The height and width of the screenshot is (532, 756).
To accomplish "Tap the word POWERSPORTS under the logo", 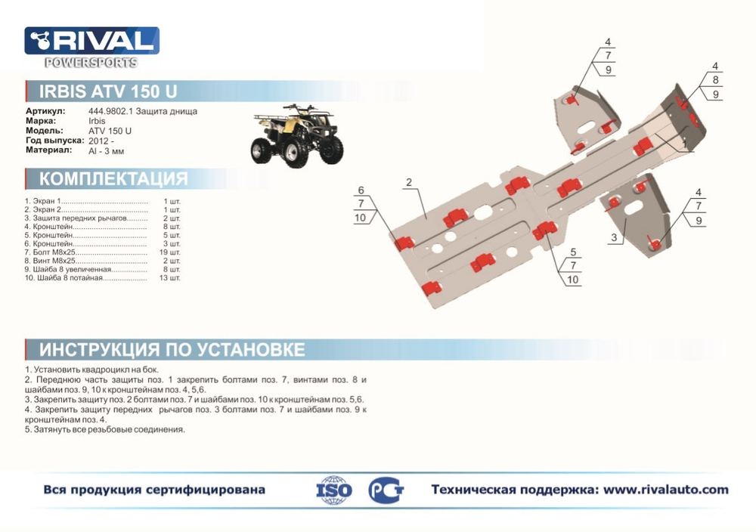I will (91, 63).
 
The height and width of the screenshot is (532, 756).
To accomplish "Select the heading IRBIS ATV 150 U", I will (108, 92).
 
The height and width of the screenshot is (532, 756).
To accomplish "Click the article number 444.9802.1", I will (108, 111).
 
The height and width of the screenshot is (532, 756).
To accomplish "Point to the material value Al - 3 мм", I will (106, 150).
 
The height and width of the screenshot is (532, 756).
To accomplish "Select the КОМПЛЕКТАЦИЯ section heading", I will (113, 179).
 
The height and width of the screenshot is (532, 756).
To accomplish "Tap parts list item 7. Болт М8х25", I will (57, 252).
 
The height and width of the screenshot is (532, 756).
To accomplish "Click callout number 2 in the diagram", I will (407, 182).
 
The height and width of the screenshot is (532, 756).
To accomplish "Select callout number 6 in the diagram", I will (361, 190).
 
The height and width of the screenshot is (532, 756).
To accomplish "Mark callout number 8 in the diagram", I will (714, 80).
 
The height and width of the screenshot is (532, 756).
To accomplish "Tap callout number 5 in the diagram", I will (573, 252).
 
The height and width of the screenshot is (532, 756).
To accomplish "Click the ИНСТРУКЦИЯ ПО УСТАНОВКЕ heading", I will (172, 350).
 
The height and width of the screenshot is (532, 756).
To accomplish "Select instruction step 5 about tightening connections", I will (105, 429).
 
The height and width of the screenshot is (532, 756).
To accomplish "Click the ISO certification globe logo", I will (333, 490).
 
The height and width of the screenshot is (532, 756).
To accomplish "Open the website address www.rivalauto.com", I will (666, 490).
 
